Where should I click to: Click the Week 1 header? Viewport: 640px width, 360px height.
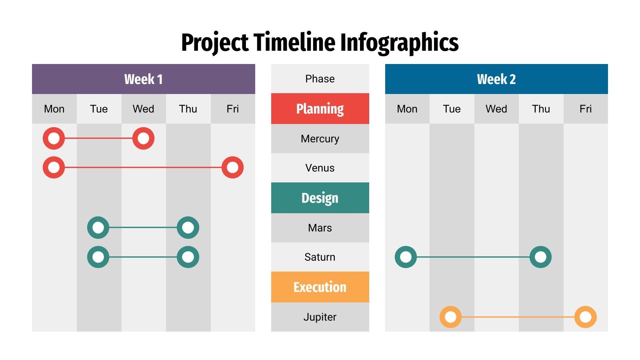pyautogui.click(x=143, y=79)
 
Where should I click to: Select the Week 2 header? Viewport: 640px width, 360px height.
pyautogui.click(x=496, y=79)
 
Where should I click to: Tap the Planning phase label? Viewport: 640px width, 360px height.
pyautogui.click(x=320, y=109)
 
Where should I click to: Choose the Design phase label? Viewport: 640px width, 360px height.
pyautogui.click(x=320, y=198)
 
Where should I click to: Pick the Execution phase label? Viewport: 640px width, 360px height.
pyautogui.click(x=320, y=287)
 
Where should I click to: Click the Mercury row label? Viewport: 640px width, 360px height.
pyautogui.click(x=320, y=139)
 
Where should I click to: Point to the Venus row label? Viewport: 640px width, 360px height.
pyautogui.click(x=320, y=168)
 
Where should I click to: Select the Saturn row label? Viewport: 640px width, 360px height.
pyautogui.click(x=320, y=257)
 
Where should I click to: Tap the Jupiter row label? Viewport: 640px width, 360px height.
pyautogui.click(x=320, y=317)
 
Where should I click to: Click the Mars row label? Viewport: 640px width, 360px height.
pyautogui.click(x=320, y=228)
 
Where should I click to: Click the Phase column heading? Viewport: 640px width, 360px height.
pyautogui.click(x=320, y=79)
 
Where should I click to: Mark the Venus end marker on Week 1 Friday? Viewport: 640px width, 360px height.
pyautogui.click(x=232, y=168)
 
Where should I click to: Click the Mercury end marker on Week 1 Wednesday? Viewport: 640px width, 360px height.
pyautogui.click(x=143, y=138)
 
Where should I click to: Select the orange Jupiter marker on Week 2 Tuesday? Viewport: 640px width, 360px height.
pyautogui.click(x=450, y=317)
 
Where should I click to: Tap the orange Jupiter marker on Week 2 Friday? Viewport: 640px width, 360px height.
pyautogui.click(x=585, y=317)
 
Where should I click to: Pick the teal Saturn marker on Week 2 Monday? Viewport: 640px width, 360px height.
pyautogui.click(x=406, y=257)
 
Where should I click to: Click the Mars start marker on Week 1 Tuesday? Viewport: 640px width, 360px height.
pyautogui.click(x=98, y=228)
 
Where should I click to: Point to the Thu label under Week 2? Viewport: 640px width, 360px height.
pyautogui.click(x=541, y=109)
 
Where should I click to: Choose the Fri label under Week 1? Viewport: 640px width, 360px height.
pyautogui.click(x=232, y=109)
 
